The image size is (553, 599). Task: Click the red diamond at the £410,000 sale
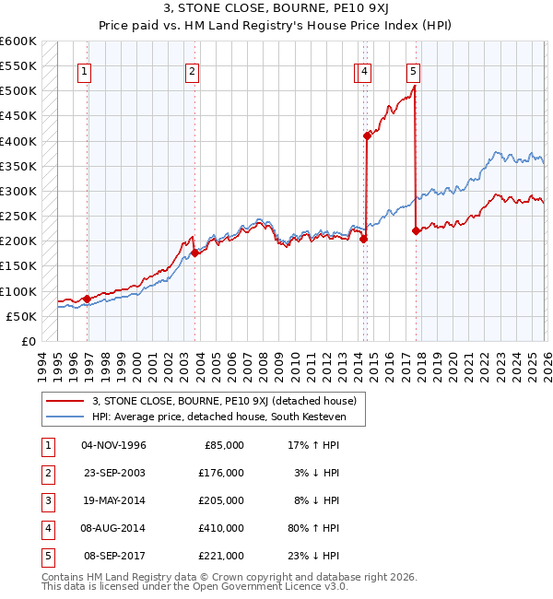point(367,135)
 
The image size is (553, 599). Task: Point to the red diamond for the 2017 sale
point(416,230)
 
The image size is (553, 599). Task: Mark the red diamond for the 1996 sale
point(87,299)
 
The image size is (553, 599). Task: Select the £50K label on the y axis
point(21,316)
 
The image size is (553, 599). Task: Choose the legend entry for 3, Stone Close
point(229,400)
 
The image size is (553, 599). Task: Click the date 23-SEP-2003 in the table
point(114,473)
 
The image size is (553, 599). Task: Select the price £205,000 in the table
point(221,500)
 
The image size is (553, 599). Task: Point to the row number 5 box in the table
point(48,556)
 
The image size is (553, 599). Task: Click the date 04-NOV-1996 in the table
point(114,445)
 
